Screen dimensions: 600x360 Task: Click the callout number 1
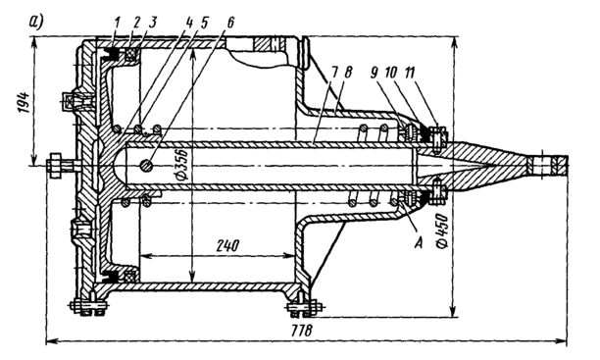(x=117, y=23)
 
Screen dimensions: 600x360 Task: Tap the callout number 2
(x=137, y=23)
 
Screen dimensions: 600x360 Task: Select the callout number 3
(x=152, y=23)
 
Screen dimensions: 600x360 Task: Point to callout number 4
(x=188, y=23)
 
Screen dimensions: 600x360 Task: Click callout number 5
(x=203, y=23)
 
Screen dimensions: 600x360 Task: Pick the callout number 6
(x=229, y=23)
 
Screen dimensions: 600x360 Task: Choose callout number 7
(x=334, y=74)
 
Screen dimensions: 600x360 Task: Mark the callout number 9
(x=374, y=74)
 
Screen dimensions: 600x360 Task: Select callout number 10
(x=391, y=74)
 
